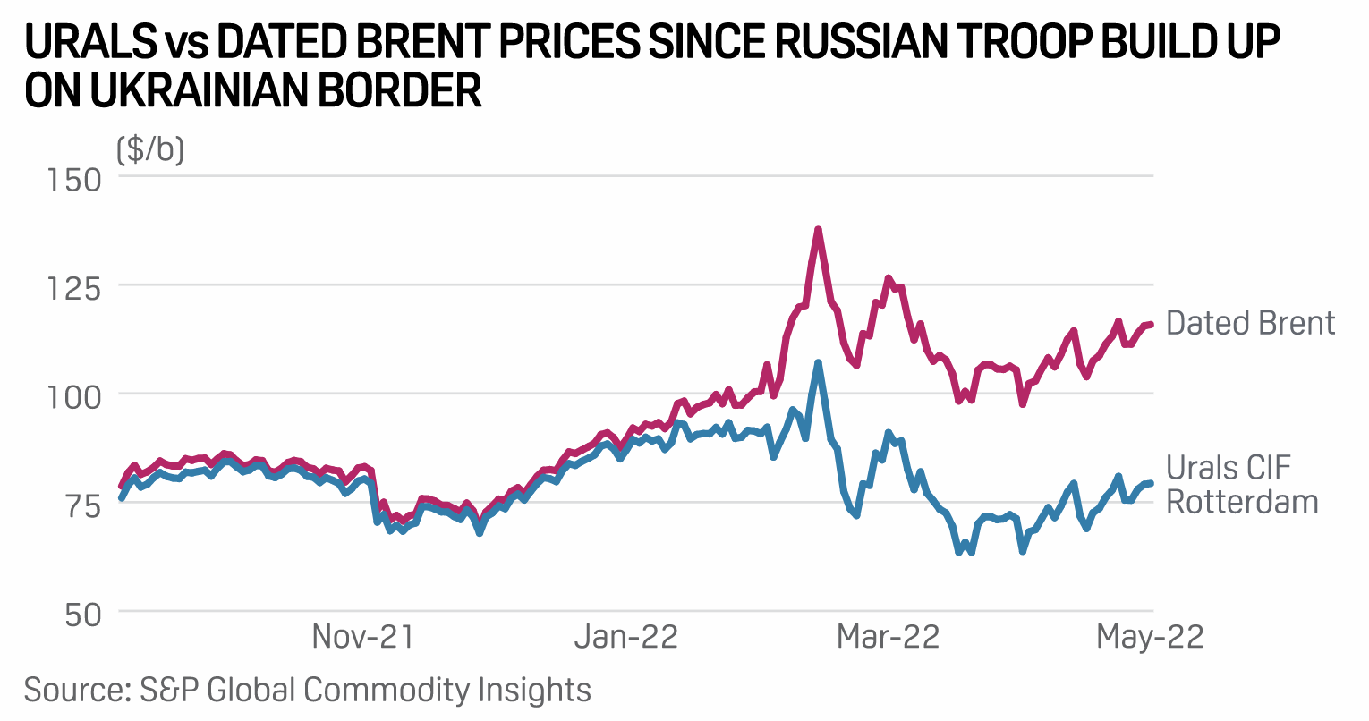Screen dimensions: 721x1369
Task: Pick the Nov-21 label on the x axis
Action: (362, 637)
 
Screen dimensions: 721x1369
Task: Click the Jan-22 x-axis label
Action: (625, 637)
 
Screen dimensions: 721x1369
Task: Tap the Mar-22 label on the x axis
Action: (888, 637)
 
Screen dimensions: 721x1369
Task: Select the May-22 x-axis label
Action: (1150, 637)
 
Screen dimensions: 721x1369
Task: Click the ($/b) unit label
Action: (150, 148)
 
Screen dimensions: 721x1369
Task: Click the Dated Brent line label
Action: (1250, 323)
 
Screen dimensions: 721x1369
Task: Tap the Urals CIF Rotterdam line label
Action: (1242, 485)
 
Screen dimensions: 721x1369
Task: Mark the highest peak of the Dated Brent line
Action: (818, 230)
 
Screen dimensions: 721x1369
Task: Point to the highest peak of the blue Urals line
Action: (818, 363)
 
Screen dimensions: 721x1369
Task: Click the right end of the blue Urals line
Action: (1152, 483)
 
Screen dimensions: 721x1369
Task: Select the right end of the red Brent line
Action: (1152, 324)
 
